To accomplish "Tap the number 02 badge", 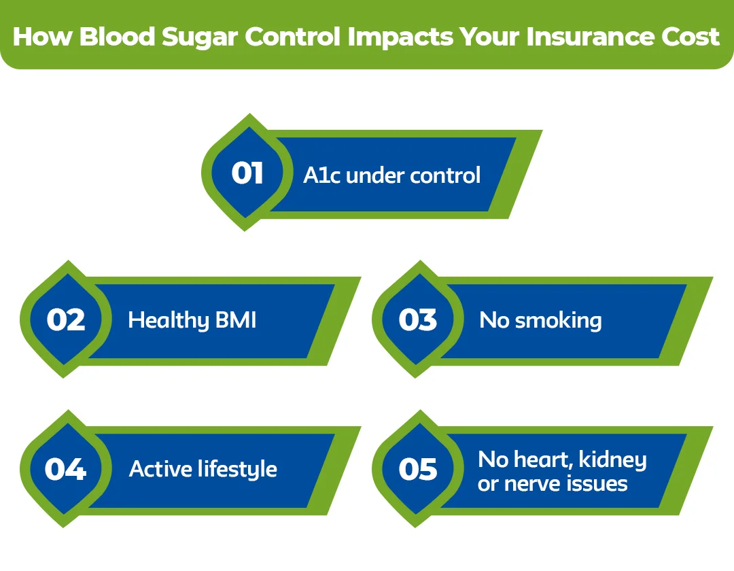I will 66,319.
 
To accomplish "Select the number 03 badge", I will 418,319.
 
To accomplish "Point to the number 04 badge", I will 66,469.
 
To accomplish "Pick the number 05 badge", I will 418,469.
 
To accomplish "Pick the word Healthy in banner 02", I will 166,319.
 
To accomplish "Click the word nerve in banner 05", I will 532,484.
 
